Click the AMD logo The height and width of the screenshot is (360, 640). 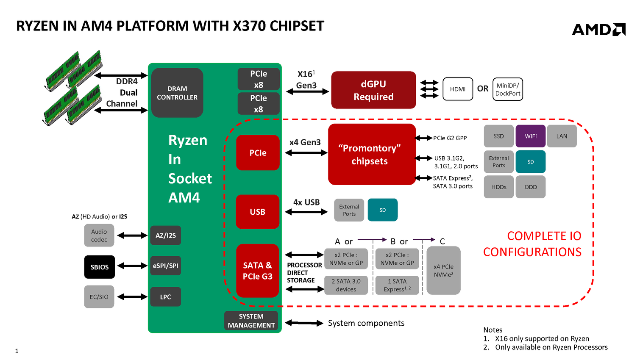click(x=598, y=29)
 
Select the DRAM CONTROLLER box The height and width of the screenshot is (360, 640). click(x=177, y=93)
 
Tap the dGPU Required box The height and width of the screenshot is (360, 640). click(x=373, y=90)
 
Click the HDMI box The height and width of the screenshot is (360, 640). click(x=458, y=89)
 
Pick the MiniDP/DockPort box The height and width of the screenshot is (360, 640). click(x=508, y=89)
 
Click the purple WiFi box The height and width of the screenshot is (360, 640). click(x=531, y=136)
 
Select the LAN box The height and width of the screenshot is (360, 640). click(x=562, y=136)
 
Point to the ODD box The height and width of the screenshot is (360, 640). click(x=531, y=187)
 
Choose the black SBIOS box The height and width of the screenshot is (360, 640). click(x=100, y=267)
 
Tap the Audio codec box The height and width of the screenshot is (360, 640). click(x=99, y=235)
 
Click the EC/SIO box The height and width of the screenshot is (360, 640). click(x=99, y=296)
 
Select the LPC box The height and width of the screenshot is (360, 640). click(x=166, y=296)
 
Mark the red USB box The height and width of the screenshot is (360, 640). click(x=257, y=211)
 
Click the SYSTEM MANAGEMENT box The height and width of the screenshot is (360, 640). click(x=251, y=321)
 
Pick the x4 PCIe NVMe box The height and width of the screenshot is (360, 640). click(x=443, y=270)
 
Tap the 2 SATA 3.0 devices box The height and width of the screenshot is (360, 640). click(x=346, y=285)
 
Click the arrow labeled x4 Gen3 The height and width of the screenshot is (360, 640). click(x=306, y=153)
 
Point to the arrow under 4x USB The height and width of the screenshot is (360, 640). click(x=306, y=212)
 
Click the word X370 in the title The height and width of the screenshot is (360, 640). click(x=249, y=26)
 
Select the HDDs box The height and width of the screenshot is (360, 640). click(x=499, y=187)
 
